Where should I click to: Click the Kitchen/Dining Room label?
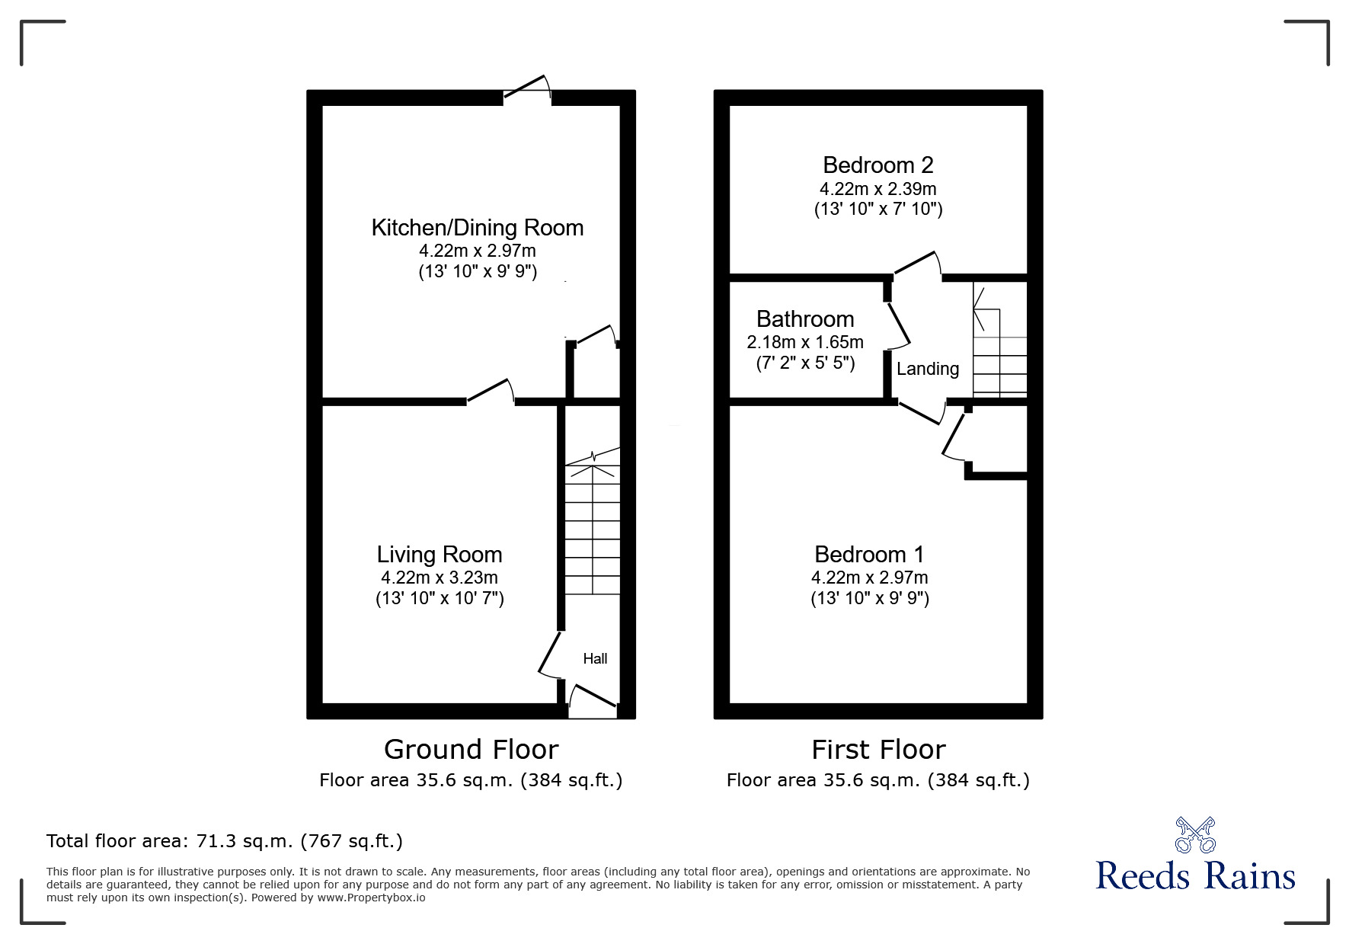click(478, 228)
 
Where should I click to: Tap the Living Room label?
click(440, 555)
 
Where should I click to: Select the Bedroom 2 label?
click(878, 165)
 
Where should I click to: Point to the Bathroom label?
click(805, 319)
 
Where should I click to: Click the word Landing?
click(928, 370)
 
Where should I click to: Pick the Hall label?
click(595, 659)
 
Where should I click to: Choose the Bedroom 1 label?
click(869, 555)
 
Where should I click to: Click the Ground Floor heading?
click(471, 750)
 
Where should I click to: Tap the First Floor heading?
click(878, 750)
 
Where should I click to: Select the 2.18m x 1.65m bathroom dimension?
click(805, 342)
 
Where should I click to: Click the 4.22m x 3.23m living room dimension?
click(440, 578)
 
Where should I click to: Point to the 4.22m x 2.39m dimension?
click(878, 189)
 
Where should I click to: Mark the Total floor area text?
click(225, 841)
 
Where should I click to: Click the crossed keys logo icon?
click(1195, 835)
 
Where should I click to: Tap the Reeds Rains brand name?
click(1195, 875)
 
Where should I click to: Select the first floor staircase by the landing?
click(999, 340)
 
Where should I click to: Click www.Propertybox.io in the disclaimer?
click(371, 898)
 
